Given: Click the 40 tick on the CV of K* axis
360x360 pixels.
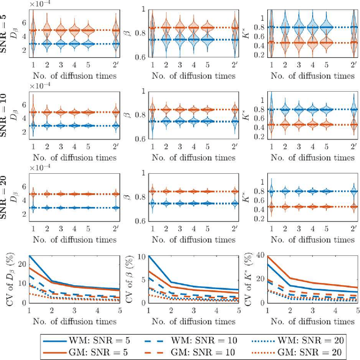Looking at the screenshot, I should tap(260, 256).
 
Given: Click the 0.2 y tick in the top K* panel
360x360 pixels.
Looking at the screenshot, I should tap(259, 55).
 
